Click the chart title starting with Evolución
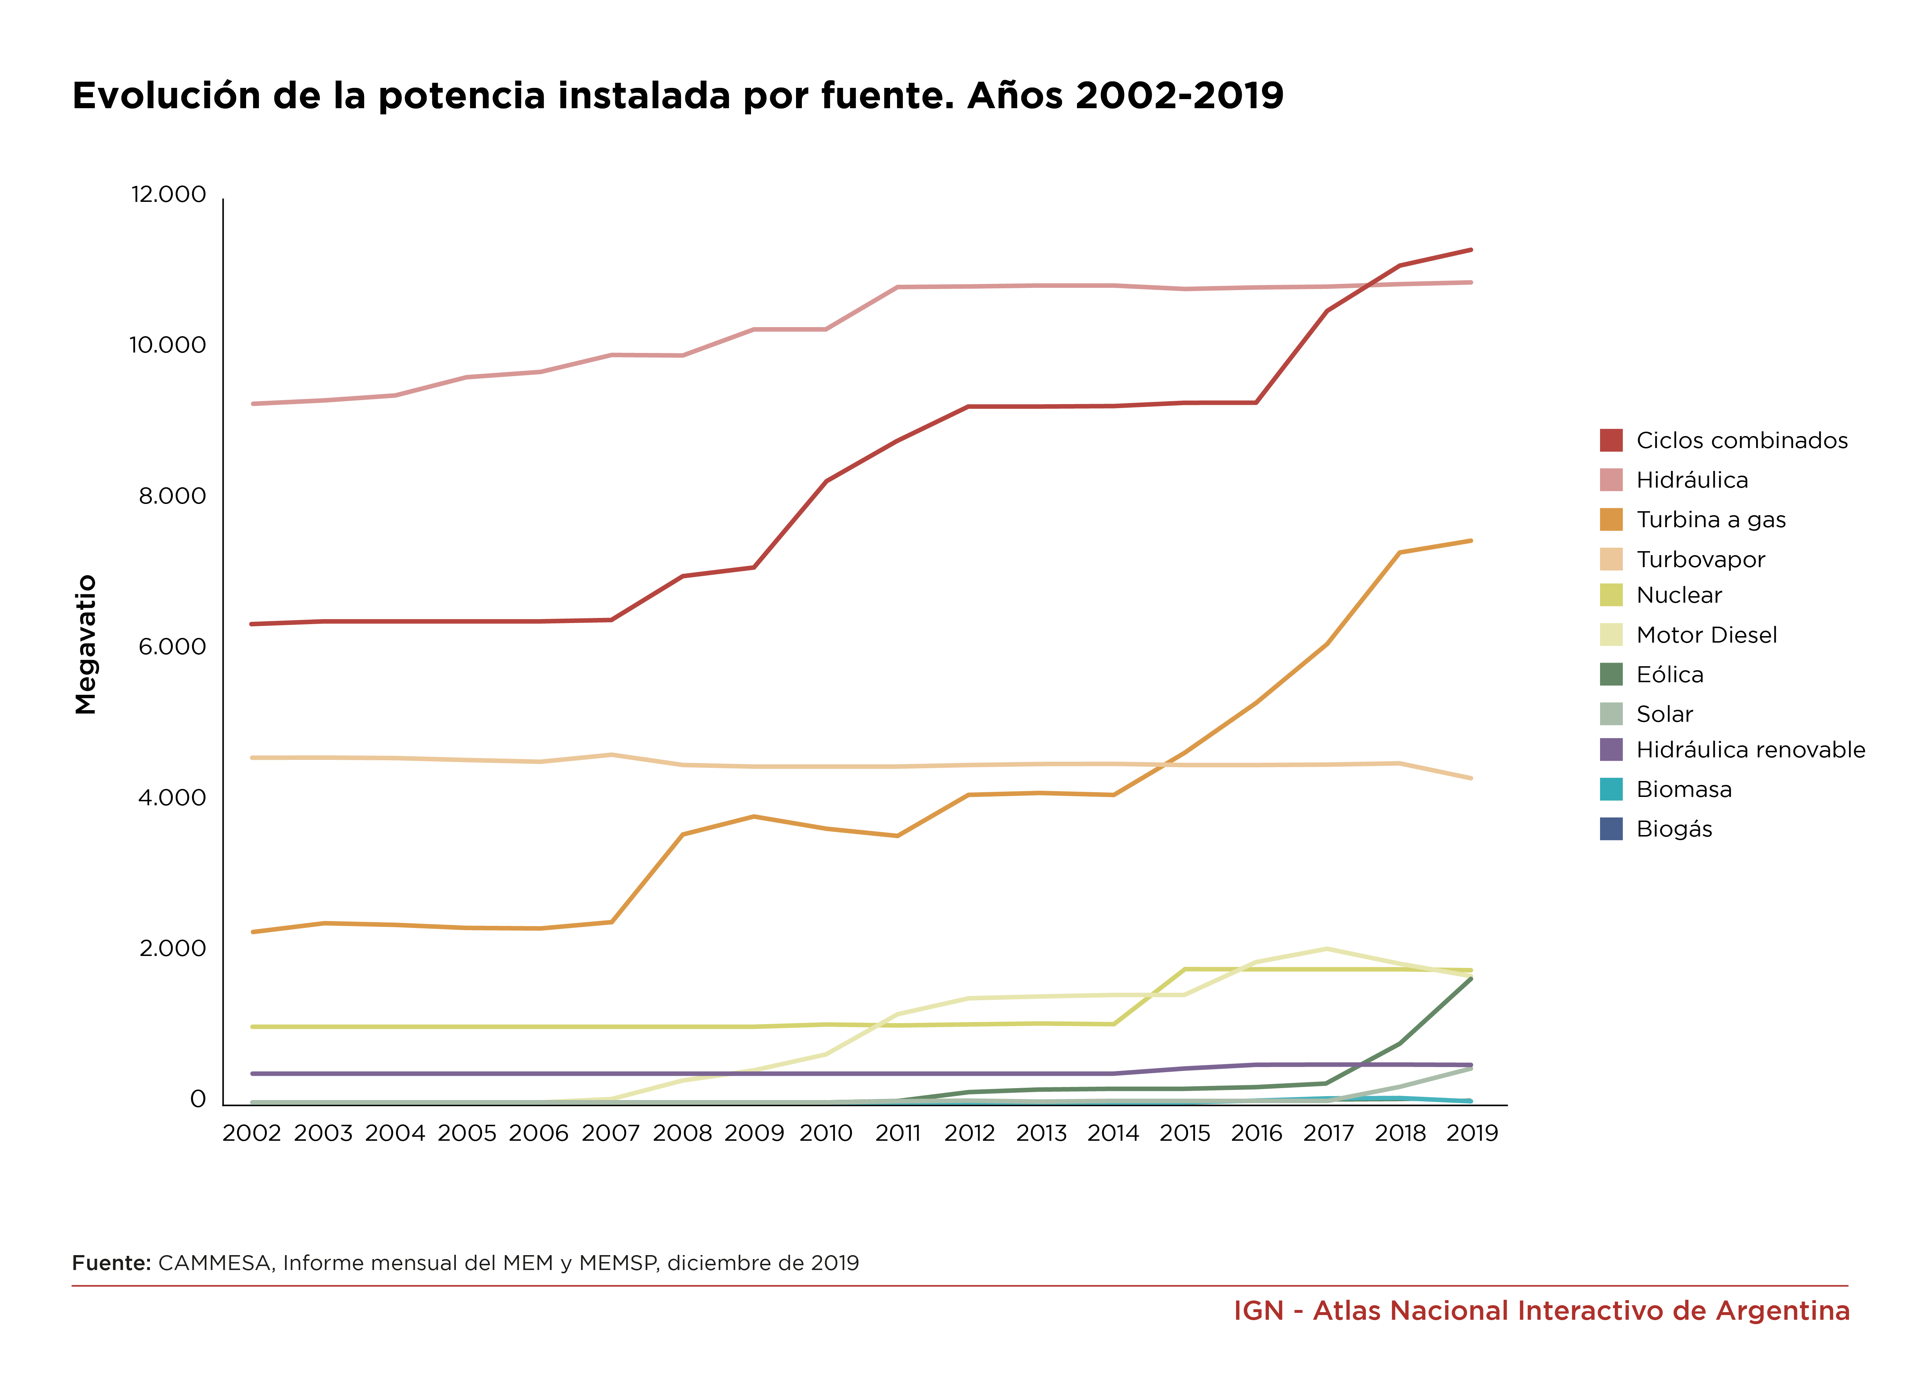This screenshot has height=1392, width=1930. tap(677, 95)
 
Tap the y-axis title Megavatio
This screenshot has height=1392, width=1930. tap(86, 644)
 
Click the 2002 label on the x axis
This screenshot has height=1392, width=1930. tap(252, 1133)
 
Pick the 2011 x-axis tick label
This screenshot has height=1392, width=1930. tap(898, 1133)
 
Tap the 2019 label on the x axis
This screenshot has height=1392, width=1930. tap(1472, 1133)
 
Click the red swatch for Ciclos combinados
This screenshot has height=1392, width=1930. tap(1611, 440)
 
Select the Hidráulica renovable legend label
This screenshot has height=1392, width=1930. tap(1750, 750)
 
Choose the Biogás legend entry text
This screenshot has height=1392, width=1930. tap(1674, 829)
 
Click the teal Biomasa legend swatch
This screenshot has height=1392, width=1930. tap(1611, 789)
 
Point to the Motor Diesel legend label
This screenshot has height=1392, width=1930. tap(1706, 635)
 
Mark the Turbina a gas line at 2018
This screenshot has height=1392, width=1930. tap(1400, 553)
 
